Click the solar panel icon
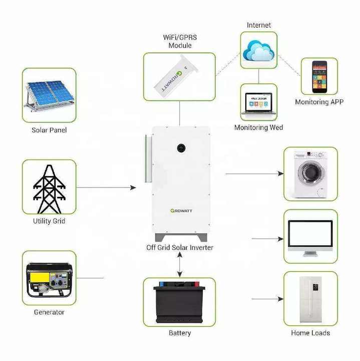pos(49,95)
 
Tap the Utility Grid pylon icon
pos(49,187)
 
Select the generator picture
pos(49,278)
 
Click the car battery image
pos(179,302)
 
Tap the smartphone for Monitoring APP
pos(319,77)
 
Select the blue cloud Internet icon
pos(258,50)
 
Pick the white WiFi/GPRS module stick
pos(179,78)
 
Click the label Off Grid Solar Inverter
pos(180,248)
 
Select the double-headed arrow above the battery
pos(179,265)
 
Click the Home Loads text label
pos(310,332)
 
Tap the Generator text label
pos(49,312)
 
